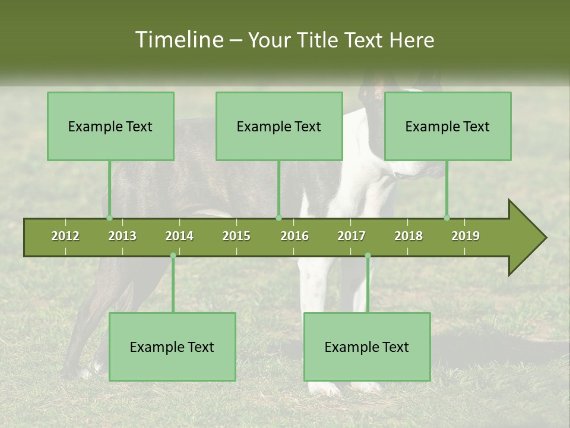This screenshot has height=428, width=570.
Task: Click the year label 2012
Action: pos(65,236)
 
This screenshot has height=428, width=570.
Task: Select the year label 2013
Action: pos(122,236)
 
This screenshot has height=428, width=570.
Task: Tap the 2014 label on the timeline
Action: pos(179,236)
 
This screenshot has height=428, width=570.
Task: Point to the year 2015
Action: pos(236,236)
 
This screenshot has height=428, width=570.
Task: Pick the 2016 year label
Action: pos(294,236)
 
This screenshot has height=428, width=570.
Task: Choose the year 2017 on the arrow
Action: pos(351,236)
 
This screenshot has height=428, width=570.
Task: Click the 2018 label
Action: pos(408,236)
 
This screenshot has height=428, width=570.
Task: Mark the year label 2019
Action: pos(465,236)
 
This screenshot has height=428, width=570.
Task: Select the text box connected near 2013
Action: pos(110,126)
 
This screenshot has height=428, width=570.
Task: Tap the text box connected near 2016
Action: pos(279,126)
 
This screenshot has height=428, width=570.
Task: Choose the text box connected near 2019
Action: pos(448,126)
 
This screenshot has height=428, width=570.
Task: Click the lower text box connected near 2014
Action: pos(172,347)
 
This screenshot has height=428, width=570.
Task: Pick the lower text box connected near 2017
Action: pos(367,347)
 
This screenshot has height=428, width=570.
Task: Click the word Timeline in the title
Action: pos(178,40)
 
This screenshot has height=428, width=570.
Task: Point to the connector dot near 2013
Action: pos(109,218)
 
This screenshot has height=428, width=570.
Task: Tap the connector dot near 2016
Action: pos(278,218)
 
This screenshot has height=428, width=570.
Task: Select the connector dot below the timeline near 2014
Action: pos(173,256)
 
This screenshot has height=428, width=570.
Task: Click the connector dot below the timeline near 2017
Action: pos(368,256)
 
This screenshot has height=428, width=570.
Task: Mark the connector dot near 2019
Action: pos(447,218)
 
